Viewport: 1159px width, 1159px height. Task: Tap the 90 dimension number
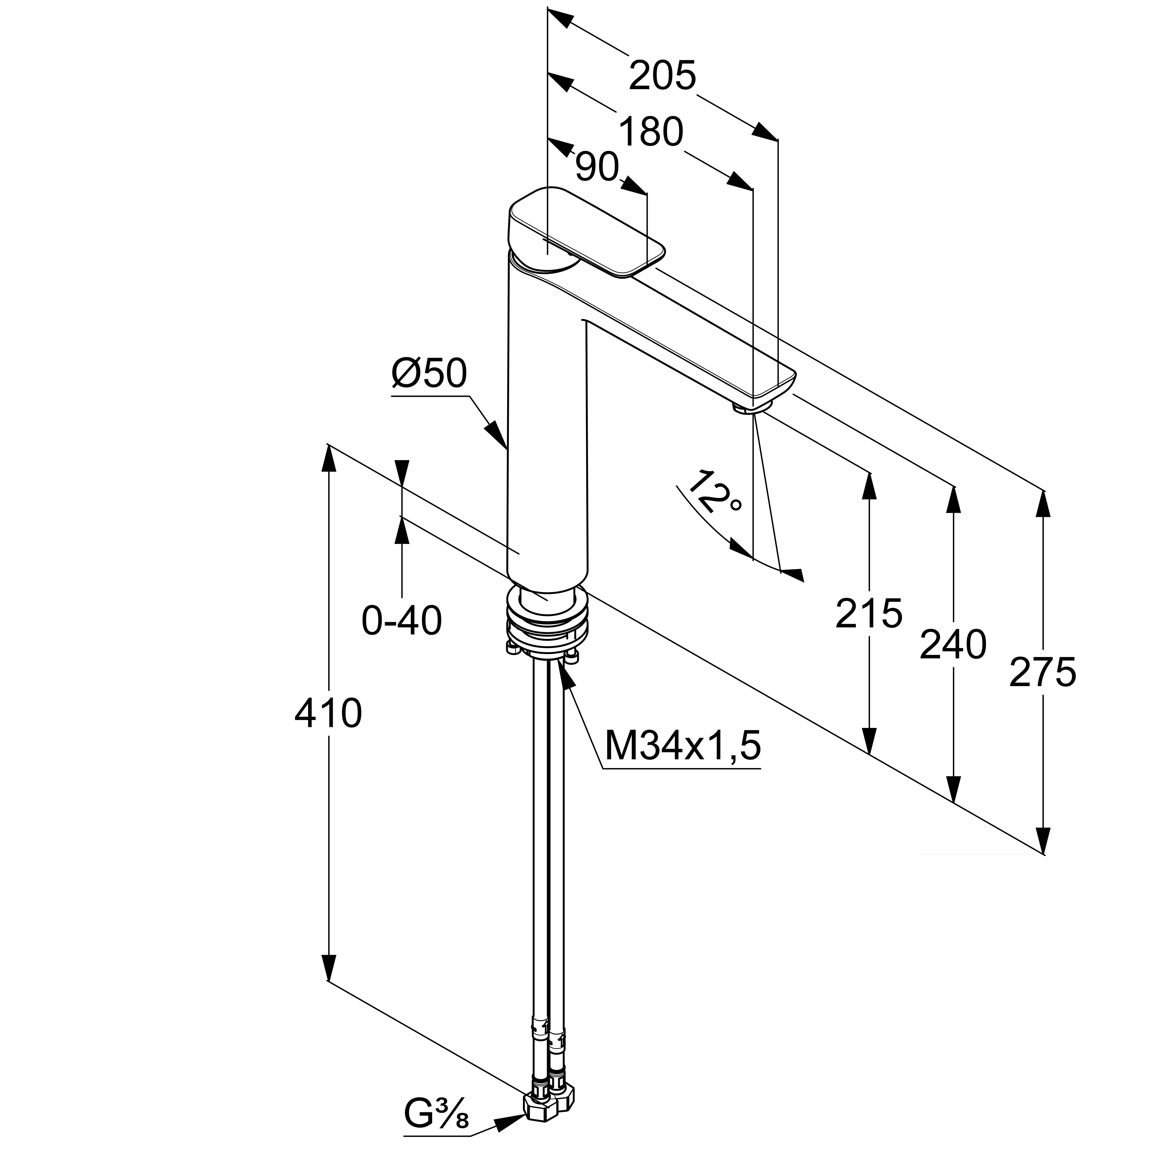(597, 167)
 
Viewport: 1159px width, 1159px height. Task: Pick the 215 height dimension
(869, 613)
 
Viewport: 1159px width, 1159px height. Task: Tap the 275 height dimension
(1043, 672)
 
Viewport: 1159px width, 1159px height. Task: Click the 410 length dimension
(328, 714)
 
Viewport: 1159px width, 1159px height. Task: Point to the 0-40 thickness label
(401, 621)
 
